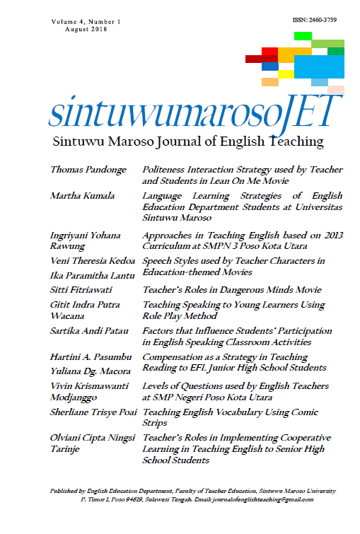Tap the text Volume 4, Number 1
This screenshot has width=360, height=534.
(86, 22)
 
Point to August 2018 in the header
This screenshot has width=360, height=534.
(86, 30)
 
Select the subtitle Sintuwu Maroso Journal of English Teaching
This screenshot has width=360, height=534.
(188, 141)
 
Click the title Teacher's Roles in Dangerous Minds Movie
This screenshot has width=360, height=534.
(222, 289)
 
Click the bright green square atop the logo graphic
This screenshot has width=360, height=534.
(303, 35)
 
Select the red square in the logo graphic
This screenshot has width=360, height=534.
(269, 51)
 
